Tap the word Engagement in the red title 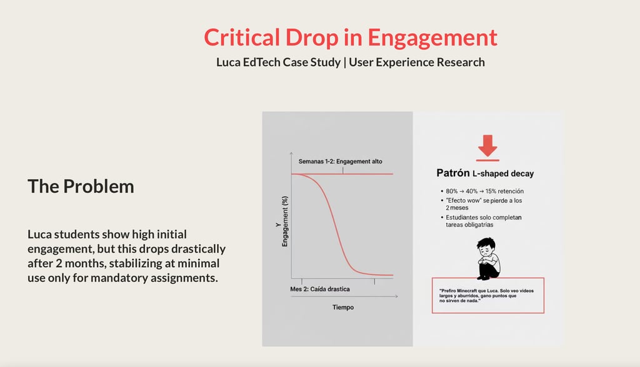click(432, 37)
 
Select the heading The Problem click(81, 185)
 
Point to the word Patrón click(452, 173)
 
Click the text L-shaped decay click(503, 174)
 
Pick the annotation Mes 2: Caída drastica click(321, 290)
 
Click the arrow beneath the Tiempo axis click(344, 297)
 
